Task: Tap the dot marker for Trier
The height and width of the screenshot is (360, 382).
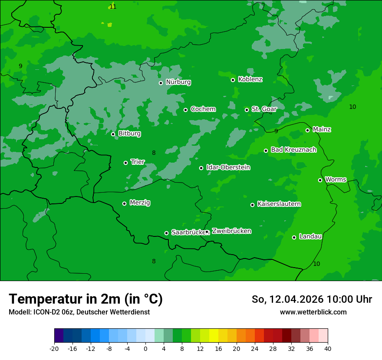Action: tap(125, 163)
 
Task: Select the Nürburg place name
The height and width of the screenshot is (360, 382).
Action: tap(178, 82)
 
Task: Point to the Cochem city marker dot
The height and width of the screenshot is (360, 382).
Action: tap(185, 110)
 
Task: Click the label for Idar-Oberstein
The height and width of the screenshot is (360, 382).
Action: tap(228, 167)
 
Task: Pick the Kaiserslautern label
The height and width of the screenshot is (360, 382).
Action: tap(279, 204)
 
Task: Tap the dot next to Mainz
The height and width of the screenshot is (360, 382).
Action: tap(307, 130)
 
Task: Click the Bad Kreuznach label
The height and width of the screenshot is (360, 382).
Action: tap(293, 150)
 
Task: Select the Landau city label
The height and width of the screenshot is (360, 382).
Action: tap(310, 236)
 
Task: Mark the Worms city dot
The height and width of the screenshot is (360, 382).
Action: tap(320, 180)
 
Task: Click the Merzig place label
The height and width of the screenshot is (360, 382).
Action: tap(140, 203)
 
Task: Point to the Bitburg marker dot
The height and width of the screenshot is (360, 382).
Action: tap(113, 134)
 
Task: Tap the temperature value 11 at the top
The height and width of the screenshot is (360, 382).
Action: tap(113, 7)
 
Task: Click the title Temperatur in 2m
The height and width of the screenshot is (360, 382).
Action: tap(86, 299)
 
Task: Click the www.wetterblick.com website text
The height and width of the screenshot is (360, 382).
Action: tap(313, 312)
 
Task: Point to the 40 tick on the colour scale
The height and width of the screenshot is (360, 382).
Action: tap(328, 348)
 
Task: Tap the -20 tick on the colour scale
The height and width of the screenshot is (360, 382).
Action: tap(54, 348)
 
